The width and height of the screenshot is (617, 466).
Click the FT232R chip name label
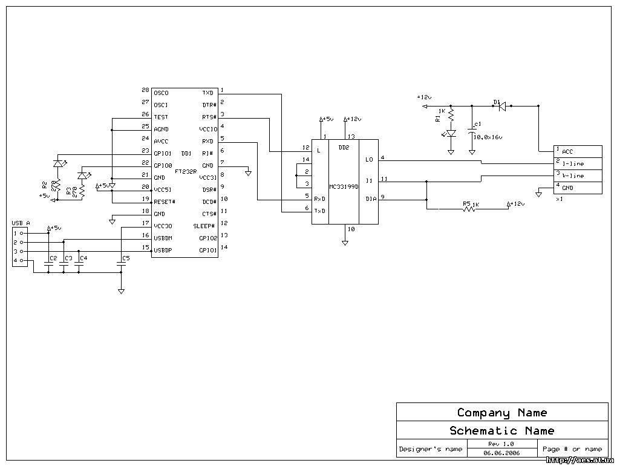(185, 172)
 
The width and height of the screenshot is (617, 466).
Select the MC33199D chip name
(344, 187)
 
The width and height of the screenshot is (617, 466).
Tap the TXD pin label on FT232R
(207, 93)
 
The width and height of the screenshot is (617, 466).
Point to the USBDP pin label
(163, 249)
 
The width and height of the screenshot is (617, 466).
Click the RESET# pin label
(165, 202)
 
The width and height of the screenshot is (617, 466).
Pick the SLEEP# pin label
(204, 226)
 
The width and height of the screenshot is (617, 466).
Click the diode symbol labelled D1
(501, 107)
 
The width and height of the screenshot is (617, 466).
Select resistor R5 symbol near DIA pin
(467, 209)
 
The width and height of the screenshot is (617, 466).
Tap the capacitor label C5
(126, 258)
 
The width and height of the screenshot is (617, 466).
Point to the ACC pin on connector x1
(567, 151)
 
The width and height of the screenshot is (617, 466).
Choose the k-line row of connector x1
(572, 176)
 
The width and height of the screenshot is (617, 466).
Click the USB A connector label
(21, 223)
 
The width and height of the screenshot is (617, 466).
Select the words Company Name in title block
(502, 413)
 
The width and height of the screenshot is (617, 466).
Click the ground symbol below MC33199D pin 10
(345, 243)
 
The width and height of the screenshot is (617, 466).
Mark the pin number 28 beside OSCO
(145, 90)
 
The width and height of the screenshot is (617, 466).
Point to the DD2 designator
(344, 148)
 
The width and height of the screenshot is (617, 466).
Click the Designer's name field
(431, 449)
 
